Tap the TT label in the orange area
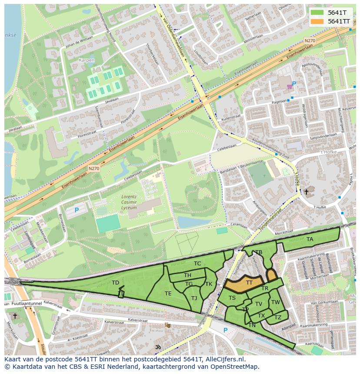click(249, 282)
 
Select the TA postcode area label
click(310, 239)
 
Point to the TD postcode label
click(115, 283)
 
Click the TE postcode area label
click(168, 294)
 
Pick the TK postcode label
click(209, 284)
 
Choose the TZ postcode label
click(278, 318)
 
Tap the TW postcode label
click(276, 302)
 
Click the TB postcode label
click(259, 252)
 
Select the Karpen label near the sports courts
click(87, 60)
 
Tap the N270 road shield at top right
click(310, 41)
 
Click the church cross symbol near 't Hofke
click(306, 192)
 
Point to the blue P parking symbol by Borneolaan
click(77, 210)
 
